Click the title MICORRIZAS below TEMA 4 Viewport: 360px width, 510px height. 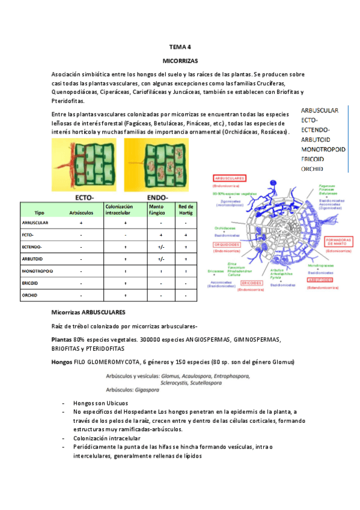180,61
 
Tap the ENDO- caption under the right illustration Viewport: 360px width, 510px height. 158,197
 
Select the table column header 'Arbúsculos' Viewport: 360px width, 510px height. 81,212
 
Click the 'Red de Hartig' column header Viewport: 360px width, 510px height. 186,209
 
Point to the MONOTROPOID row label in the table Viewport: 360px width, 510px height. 37,271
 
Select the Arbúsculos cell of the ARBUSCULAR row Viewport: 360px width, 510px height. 81,223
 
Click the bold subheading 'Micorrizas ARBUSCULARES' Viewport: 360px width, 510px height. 88,313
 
